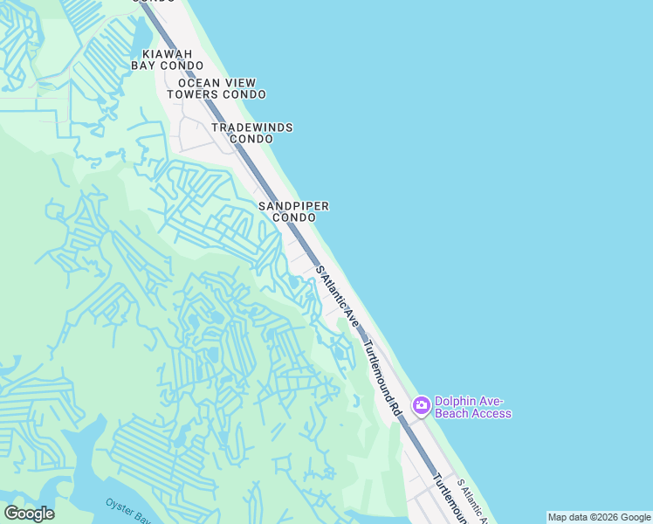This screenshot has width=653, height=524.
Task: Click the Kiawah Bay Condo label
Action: point(168,59)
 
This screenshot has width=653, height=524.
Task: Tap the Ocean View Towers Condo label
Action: point(217,88)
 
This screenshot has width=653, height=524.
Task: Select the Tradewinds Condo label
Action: point(252,133)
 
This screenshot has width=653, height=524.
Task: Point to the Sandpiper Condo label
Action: point(293,211)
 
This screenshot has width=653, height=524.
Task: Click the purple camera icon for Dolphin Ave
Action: point(421,404)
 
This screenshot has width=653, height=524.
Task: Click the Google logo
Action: point(29,514)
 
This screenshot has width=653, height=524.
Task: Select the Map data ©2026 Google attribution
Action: point(599,517)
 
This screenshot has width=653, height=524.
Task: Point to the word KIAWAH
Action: point(168,53)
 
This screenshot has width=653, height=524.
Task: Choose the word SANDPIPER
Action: point(293,206)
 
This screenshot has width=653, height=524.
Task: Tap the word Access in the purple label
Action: point(491,414)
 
